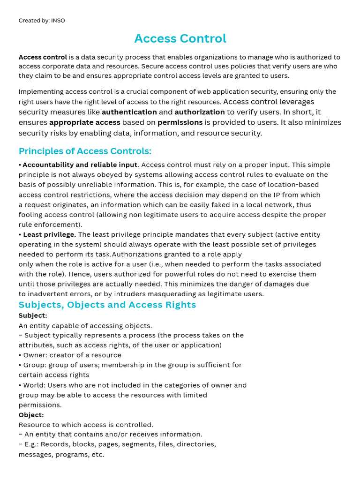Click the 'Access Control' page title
(180, 38)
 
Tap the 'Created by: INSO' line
(42, 21)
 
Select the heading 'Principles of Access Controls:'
(85, 151)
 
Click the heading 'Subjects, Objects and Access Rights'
(107, 305)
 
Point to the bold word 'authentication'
(129, 112)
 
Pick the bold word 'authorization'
(200, 112)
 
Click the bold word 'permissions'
(180, 122)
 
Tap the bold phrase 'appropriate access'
(85, 122)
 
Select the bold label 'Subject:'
(33, 315)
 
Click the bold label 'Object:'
(31, 415)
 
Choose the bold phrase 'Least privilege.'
(49, 234)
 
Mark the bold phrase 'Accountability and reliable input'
(80, 165)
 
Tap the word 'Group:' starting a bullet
(36, 365)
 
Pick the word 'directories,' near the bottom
(196, 444)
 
